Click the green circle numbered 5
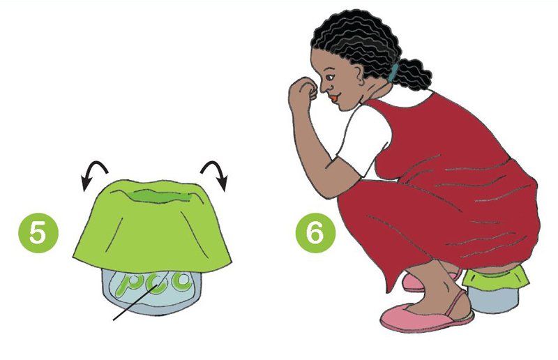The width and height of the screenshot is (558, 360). pos(38,233)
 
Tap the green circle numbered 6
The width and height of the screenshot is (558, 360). pos(315,233)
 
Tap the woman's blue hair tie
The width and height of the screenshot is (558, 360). pos(393,73)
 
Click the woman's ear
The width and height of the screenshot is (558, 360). pos(360,75)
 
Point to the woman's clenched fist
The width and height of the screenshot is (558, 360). pos(303,89)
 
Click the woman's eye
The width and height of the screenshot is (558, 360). pos(331,76)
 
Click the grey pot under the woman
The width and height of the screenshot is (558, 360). pos(492,299)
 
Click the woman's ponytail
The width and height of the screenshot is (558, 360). pos(414,74)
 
